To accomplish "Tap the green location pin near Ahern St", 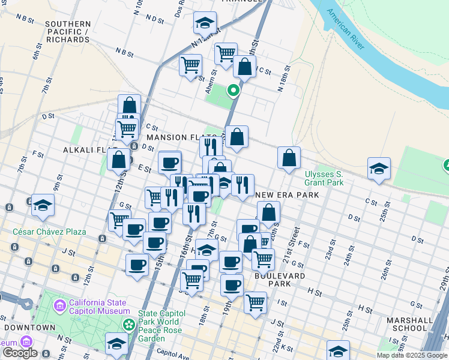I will (x=233, y=91).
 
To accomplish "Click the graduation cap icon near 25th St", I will (x=379, y=169).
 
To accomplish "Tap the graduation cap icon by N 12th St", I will (x=205, y=23).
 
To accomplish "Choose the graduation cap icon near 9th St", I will (x=43, y=206).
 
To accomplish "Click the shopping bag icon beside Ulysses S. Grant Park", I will (x=289, y=158).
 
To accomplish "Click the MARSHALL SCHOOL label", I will (x=409, y=324).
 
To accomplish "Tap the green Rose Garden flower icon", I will (x=129, y=325).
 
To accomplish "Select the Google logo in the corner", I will (x=20, y=353).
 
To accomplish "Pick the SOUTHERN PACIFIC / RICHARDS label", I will (x=67, y=32).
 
